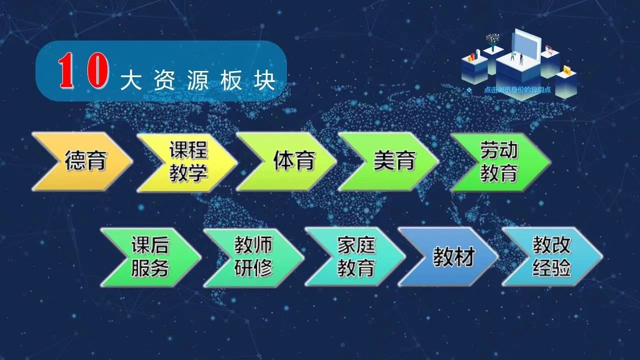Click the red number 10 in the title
pos(83,70)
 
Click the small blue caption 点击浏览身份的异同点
pos(517,90)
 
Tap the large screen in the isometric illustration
pos(526,44)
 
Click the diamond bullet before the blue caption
pos(469,90)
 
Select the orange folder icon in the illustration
pos(566,70)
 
